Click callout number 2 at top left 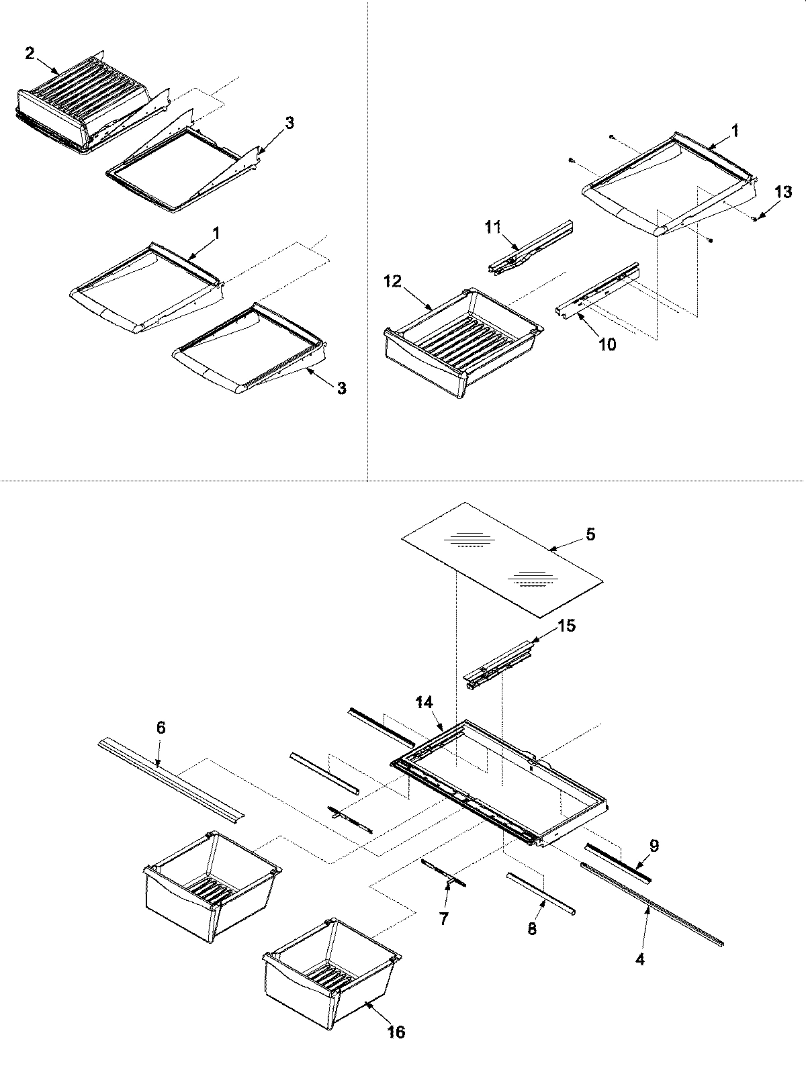30,54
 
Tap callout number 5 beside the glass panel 589,535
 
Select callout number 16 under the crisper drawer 396,1031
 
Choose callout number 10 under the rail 607,344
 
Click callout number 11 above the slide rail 493,227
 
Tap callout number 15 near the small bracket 566,626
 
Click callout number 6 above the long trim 160,728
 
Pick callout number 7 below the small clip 443,918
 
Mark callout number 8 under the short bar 532,930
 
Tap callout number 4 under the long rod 640,960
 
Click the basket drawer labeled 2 81,101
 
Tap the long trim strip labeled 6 171,779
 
